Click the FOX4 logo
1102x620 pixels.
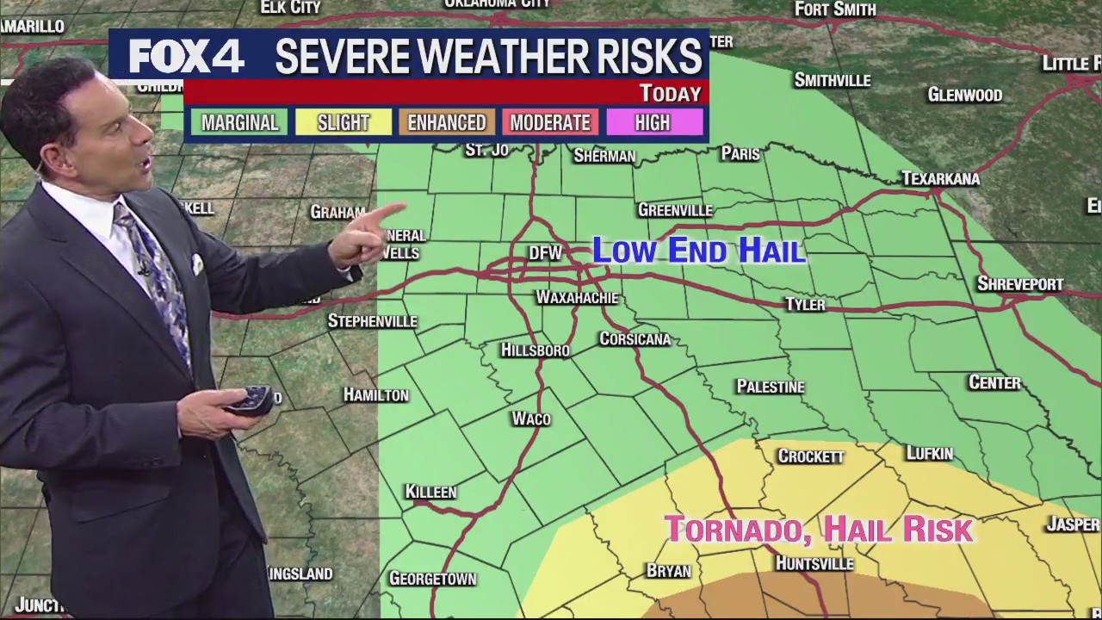pyautogui.click(x=186, y=57)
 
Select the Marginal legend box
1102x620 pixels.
pyautogui.click(x=239, y=122)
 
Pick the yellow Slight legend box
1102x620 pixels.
pyautogui.click(x=343, y=122)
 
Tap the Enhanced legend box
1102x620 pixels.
pyautogui.click(x=446, y=122)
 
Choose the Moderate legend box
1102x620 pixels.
pyautogui.click(x=549, y=122)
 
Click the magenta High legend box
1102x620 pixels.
pyautogui.click(x=653, y=122)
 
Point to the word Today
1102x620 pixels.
pyautogui.click(x=670, y=93)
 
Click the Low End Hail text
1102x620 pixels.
pyautogui.click(x=698, y=251)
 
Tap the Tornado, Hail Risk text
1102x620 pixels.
pyautogui.click(x=818, y=529)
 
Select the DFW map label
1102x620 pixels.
pyautogui.click(x=545, y=252)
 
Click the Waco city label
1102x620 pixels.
pyautogui.click(x=530, y=418)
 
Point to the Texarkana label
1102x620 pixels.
pyautogui.click(x=940, y=179)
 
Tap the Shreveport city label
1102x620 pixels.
pyautogui.click(x=1020, y=284)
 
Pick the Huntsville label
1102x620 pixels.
pyautogui.click(x=814, y=563)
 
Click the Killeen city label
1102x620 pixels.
pyautogui.click(x=430, y=492)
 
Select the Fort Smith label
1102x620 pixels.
pyautogui.click(x=834, y=9)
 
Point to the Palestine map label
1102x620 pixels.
pyautogui.click(x=770, y=387)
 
